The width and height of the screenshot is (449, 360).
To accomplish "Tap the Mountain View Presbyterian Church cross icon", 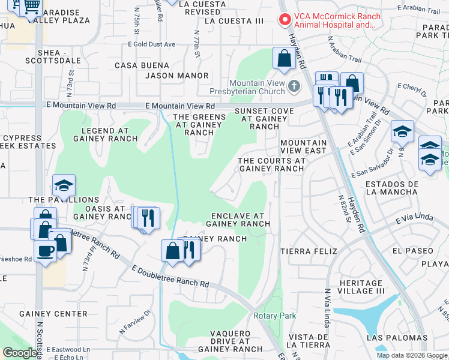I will click(294, 85).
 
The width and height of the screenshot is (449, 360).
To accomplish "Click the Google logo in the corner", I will click(19, 353).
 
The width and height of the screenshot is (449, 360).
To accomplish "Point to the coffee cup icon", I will click(45, 250).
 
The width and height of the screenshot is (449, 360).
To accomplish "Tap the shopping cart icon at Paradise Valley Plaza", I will click(31, 7).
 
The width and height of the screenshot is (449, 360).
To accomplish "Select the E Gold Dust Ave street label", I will click(151, 44).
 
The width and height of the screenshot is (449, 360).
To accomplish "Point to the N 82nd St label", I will click(344, 207).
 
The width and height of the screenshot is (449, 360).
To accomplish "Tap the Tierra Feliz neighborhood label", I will click(309, 251).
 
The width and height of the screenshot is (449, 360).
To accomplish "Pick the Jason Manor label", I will click(177, 76).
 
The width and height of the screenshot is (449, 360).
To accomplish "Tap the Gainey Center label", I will click(53, 314).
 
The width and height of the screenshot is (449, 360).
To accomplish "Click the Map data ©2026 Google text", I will click(411, 355).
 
